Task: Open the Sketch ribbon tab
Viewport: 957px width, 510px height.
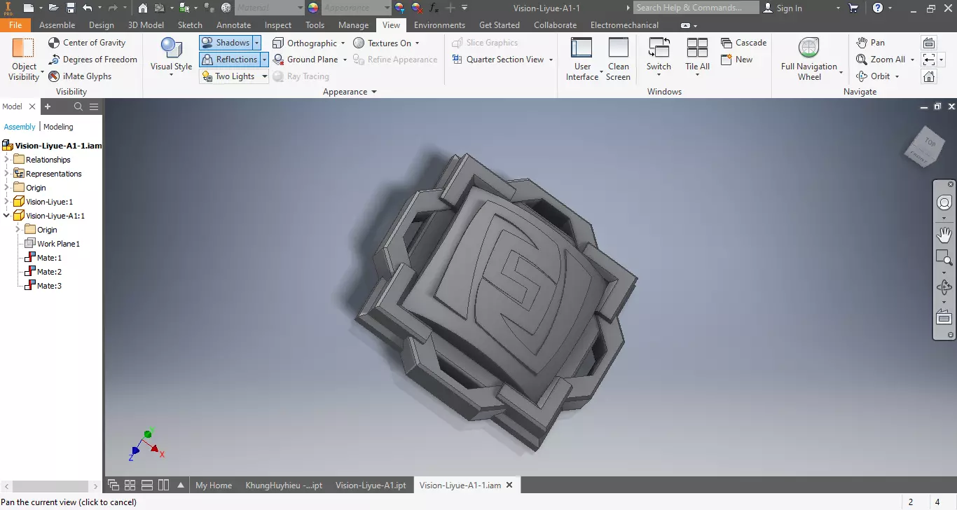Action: coord(190,25)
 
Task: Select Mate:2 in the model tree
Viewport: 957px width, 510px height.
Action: coord(49,272)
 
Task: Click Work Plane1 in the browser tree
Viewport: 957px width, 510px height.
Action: coord(58,244)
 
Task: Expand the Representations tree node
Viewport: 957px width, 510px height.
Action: coord(7,174)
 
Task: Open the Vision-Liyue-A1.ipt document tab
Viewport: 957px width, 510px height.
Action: coord(371,485)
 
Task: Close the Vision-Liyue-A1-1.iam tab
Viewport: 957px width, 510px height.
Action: coord(509,485)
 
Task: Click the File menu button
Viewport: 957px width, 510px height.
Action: coord(15,25)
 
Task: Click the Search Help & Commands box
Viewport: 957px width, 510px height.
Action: coord(696,8)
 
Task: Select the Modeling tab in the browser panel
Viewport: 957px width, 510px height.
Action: coord(58,127)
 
